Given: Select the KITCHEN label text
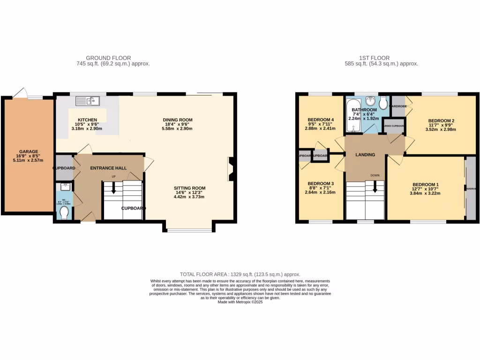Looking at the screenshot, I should click(87, 120).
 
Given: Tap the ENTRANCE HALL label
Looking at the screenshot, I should click(108, 168).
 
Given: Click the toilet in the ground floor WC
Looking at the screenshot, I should click(65, 213).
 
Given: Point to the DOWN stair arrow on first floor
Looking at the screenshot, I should click(375, 187).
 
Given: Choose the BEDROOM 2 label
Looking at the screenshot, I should click(441, 121).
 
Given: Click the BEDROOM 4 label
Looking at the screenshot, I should click(321, 119).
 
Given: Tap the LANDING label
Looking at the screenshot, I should click(365, 155).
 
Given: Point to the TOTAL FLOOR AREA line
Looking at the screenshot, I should click(240, 274).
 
